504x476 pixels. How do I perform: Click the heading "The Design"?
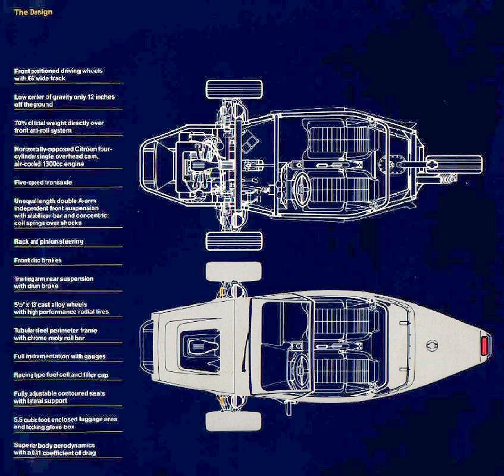(33, 12)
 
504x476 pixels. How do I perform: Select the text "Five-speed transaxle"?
(43, 183)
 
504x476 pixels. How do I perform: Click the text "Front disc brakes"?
(37, 260)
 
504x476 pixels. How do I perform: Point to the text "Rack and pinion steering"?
(48, 242)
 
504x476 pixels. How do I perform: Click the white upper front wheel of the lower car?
(233, 272)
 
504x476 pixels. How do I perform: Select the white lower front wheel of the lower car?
(233, 421)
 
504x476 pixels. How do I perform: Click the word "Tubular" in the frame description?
(26, 329)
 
